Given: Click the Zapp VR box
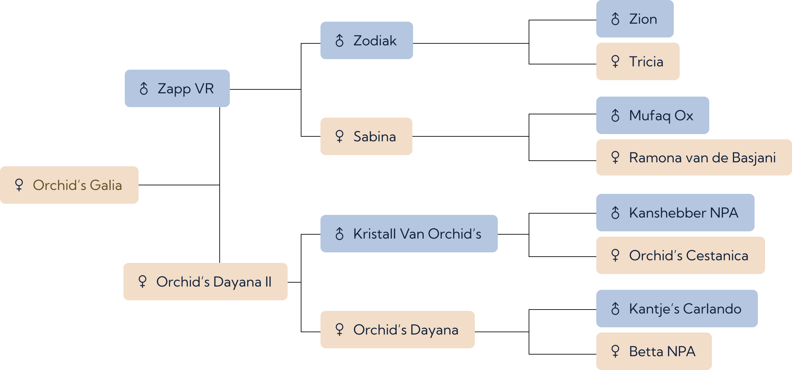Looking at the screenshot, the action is [x=177, y=88].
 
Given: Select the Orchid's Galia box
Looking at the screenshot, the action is [x=69, y=185].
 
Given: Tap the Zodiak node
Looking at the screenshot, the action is [x=367, y=40].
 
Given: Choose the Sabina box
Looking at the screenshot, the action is [x=366, y=136].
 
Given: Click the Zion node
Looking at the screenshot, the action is [x=635, y=19].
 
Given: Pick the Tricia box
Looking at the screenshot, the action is [x=638, y=61].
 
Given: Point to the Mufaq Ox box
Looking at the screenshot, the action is [x=653, y=115].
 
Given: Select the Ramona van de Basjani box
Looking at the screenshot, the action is [x=694, y=157].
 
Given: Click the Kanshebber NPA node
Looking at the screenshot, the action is [x=675, y=213].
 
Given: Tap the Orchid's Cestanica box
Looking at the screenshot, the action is [x=681, y=255].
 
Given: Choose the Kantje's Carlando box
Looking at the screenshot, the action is [x=677, y=309].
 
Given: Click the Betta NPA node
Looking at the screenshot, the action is [x=654, y=351].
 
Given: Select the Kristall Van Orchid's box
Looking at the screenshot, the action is [x=409, y=234].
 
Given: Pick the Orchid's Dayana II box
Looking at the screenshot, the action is [x=206, y=282].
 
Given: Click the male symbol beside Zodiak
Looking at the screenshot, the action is [x=340, y=40].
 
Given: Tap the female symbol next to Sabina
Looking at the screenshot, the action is [x=340, y=136].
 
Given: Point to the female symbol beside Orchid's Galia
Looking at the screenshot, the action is [x=19, y=185].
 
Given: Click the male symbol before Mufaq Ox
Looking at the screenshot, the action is [x=615, y=115].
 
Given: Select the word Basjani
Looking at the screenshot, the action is [x=754, y=158].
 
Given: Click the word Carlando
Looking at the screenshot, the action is [x=712, y=309].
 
